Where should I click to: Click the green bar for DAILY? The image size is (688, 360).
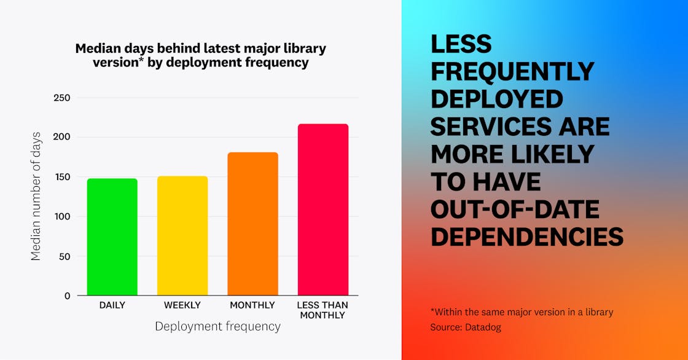[x=112, y=237]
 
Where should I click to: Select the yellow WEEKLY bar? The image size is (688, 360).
[x=182, y=236]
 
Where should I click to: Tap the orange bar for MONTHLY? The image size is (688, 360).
[x=252, y=224]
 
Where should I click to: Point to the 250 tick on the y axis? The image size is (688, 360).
[x=61, y=98]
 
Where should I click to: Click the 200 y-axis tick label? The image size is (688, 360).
[x=61, y=137]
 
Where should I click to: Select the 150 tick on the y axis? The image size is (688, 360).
[x=61, y=177]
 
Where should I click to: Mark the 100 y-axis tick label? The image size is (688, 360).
[x=61, y=216]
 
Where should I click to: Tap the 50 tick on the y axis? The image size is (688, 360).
[x=64, y=256]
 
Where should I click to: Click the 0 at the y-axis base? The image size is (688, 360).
[x=67, y=295]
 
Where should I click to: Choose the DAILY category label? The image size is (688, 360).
[x=112, y=305]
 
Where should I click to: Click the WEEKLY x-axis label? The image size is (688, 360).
[x=182, y=305]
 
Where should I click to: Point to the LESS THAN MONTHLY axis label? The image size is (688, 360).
[x=322, y=310]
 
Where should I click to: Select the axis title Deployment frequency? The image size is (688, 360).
[x=217, y=327]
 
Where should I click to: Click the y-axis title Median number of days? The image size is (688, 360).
[x=36, y=196]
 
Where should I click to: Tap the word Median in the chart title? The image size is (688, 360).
[x=96, y=49]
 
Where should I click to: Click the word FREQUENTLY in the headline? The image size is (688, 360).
[x=512, y=71]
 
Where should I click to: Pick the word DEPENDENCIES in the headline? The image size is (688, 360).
[x=527, y=237]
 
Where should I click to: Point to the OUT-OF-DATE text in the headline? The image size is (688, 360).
[x=515, y=209]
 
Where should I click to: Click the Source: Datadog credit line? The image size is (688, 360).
[x=466, y=327]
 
